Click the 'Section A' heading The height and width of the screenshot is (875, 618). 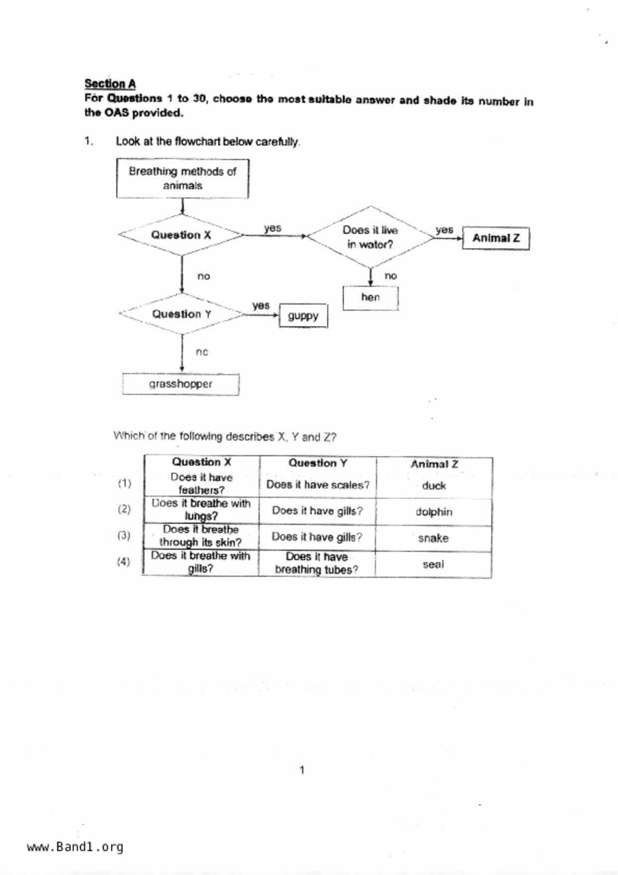[110, 83]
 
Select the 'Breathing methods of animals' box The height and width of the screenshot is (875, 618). [183, 179]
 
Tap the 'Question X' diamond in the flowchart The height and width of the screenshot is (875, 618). [181, 235]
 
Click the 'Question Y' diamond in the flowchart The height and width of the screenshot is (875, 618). [182, 314]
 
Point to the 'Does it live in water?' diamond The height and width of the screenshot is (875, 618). [370, 237]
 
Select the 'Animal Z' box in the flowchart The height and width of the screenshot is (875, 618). [496, 238]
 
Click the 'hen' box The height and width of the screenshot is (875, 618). [371, 298]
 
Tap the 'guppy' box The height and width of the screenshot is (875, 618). [303, 316]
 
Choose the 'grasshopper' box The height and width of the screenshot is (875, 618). [181, 384]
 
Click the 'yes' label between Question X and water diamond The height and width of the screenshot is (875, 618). [272, 228]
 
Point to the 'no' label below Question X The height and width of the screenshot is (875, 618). [204, 276]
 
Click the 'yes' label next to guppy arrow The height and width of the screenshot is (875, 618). [261, 305]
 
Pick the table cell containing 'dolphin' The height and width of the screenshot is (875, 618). [434, 512]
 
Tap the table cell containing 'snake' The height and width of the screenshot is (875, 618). [433, 538]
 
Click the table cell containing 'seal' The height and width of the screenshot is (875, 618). [433, 564]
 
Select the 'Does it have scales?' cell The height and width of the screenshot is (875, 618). [318, 485]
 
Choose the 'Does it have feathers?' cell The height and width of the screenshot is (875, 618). [202, 483]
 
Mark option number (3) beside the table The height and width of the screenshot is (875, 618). [124, 535]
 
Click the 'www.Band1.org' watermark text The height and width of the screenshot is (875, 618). [75, 847]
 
